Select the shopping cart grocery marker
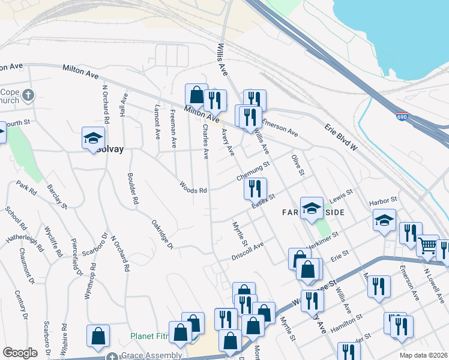click(x=427, y=245)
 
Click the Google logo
click(x=20, y=353)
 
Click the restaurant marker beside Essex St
click(x=255, y=188)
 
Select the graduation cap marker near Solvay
click(x=93, y=137)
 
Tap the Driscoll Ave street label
click(x=248, y=251)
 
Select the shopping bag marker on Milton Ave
click(x=196, y=95)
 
